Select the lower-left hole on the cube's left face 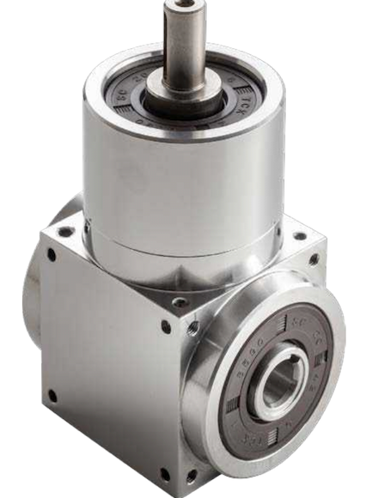pos(52,397)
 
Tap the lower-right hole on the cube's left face pos(164,473)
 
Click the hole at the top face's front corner pos(180,303)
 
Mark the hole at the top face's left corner pos(65,230)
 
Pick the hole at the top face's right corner pos(299,235)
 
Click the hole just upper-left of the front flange pos(193,328)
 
